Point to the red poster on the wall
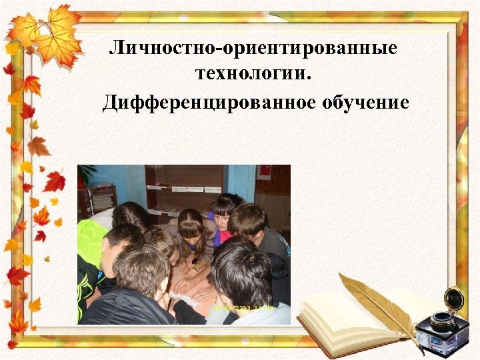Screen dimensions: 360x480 pos(264,173)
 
